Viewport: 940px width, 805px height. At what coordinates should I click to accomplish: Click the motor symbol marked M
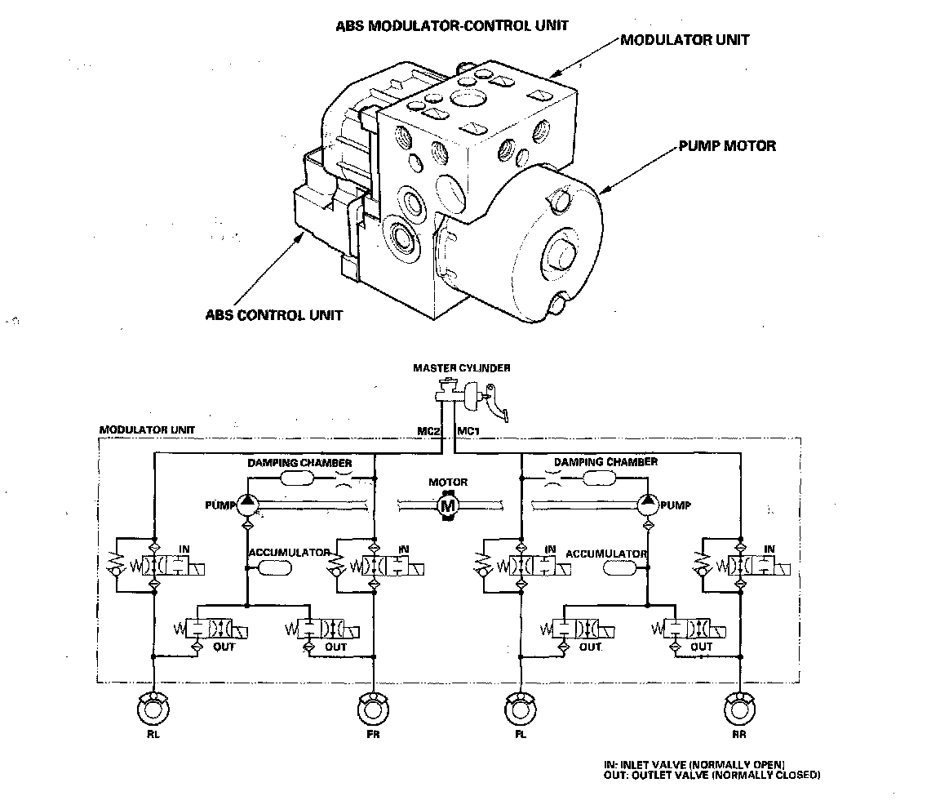coord(448,505)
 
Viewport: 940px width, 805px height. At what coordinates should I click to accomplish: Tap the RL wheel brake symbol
coord(153,709)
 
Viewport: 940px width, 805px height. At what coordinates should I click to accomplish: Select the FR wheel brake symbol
coord(374,709)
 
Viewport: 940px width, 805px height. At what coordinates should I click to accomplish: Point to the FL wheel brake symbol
coord(521,709)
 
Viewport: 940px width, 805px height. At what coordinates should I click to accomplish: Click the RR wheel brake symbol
coord(740,709)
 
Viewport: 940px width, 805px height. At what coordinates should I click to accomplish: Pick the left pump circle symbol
coord(247,505)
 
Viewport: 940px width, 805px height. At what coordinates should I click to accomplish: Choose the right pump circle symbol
coord(647,505)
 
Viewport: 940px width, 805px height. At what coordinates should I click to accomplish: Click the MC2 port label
coord(428,431)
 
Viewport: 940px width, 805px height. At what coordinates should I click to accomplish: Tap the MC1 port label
coord(468,431)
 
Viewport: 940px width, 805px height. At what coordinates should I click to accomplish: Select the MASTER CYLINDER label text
coord(462,368)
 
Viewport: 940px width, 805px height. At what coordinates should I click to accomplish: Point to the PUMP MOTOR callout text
coord(727,146)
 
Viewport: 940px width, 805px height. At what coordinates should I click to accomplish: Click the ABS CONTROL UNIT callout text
coord(274,315)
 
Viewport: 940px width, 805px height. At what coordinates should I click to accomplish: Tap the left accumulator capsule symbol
coord(274,567)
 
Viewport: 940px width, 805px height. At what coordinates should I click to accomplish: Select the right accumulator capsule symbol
coord(620,567)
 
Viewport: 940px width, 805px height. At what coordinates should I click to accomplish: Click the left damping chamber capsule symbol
coord(297,478)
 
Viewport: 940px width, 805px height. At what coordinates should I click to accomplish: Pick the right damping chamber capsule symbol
coord(600,478)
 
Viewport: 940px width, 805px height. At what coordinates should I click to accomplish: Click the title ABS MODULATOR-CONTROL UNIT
coord(452,26)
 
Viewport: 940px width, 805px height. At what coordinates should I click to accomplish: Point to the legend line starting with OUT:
coord(712,775)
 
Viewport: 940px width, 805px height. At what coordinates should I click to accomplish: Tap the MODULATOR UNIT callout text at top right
coord(685,40)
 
